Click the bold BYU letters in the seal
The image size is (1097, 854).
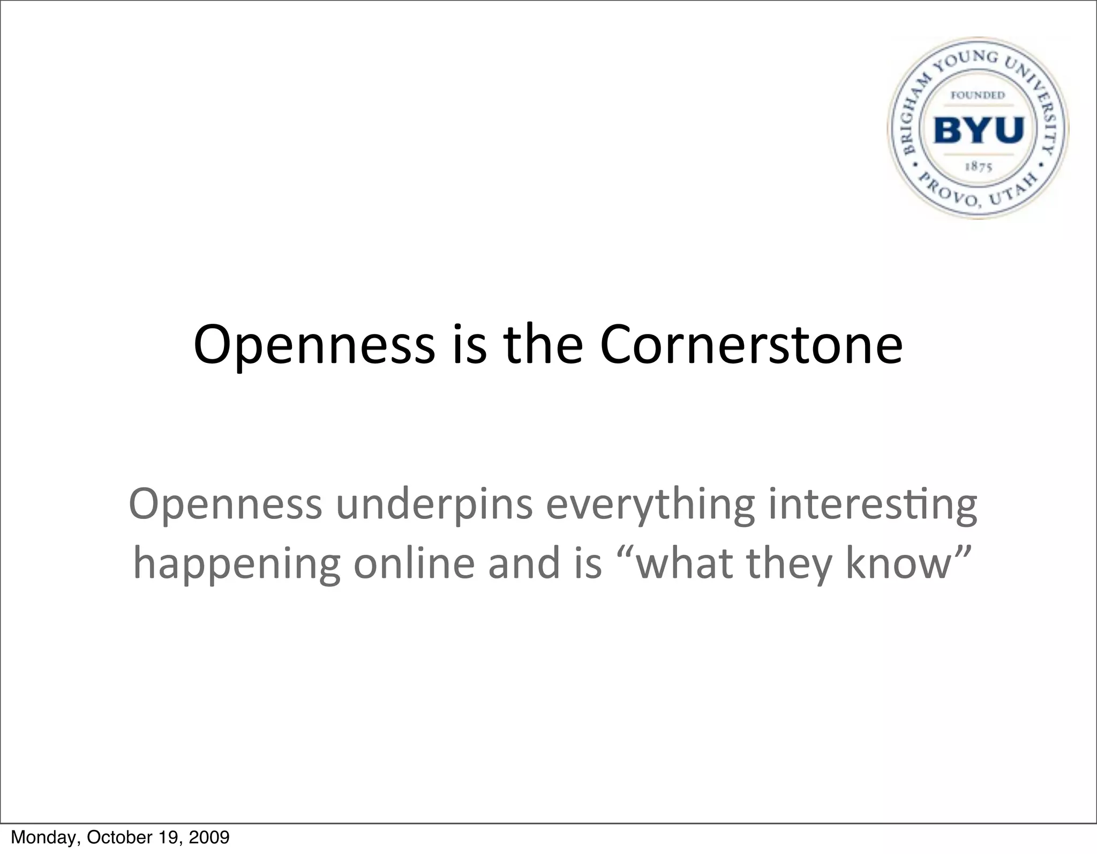click(979, 130)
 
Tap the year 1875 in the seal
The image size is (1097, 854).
click(979, 167)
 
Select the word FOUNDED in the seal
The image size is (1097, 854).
click(978, 95)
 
